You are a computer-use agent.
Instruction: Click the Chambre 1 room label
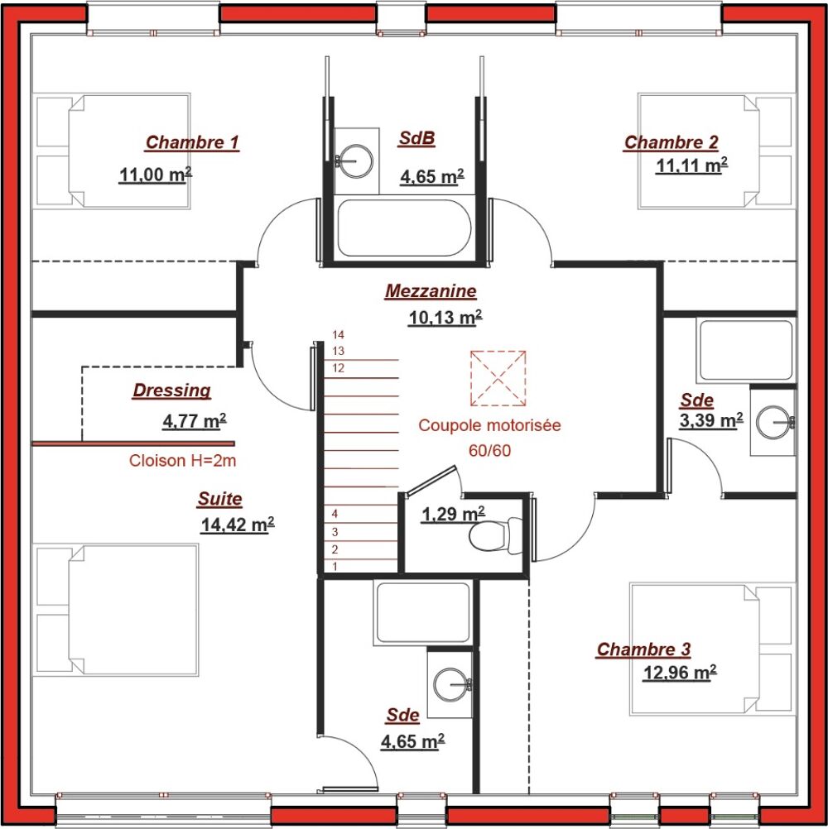click(192, 142)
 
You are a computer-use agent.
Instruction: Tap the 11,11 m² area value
click(691, 165)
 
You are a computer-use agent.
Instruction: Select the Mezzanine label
click(431, 290)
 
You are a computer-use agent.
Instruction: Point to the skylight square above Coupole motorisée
click(498, 378)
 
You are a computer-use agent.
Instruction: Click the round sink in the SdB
click(356, 161)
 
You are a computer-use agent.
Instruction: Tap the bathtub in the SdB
click(404, 228)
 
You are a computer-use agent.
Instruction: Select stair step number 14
click(338, 335)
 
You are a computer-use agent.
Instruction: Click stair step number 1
click(335, 566)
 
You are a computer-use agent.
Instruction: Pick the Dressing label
click(172, 391)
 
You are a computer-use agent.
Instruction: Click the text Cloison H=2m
click(182, 461)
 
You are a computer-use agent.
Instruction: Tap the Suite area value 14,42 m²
click(238, 525)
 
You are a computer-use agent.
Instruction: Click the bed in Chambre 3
click(713, 649)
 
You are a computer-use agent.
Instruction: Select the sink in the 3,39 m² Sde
click(775, 422)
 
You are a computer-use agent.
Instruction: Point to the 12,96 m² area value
click(680, 673)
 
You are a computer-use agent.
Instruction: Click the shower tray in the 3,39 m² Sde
click(746, 351)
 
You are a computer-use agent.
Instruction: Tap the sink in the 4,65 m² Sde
click(451, 685)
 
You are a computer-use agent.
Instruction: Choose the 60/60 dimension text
click(490, 450)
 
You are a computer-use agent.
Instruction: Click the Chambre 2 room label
click(672, 142)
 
